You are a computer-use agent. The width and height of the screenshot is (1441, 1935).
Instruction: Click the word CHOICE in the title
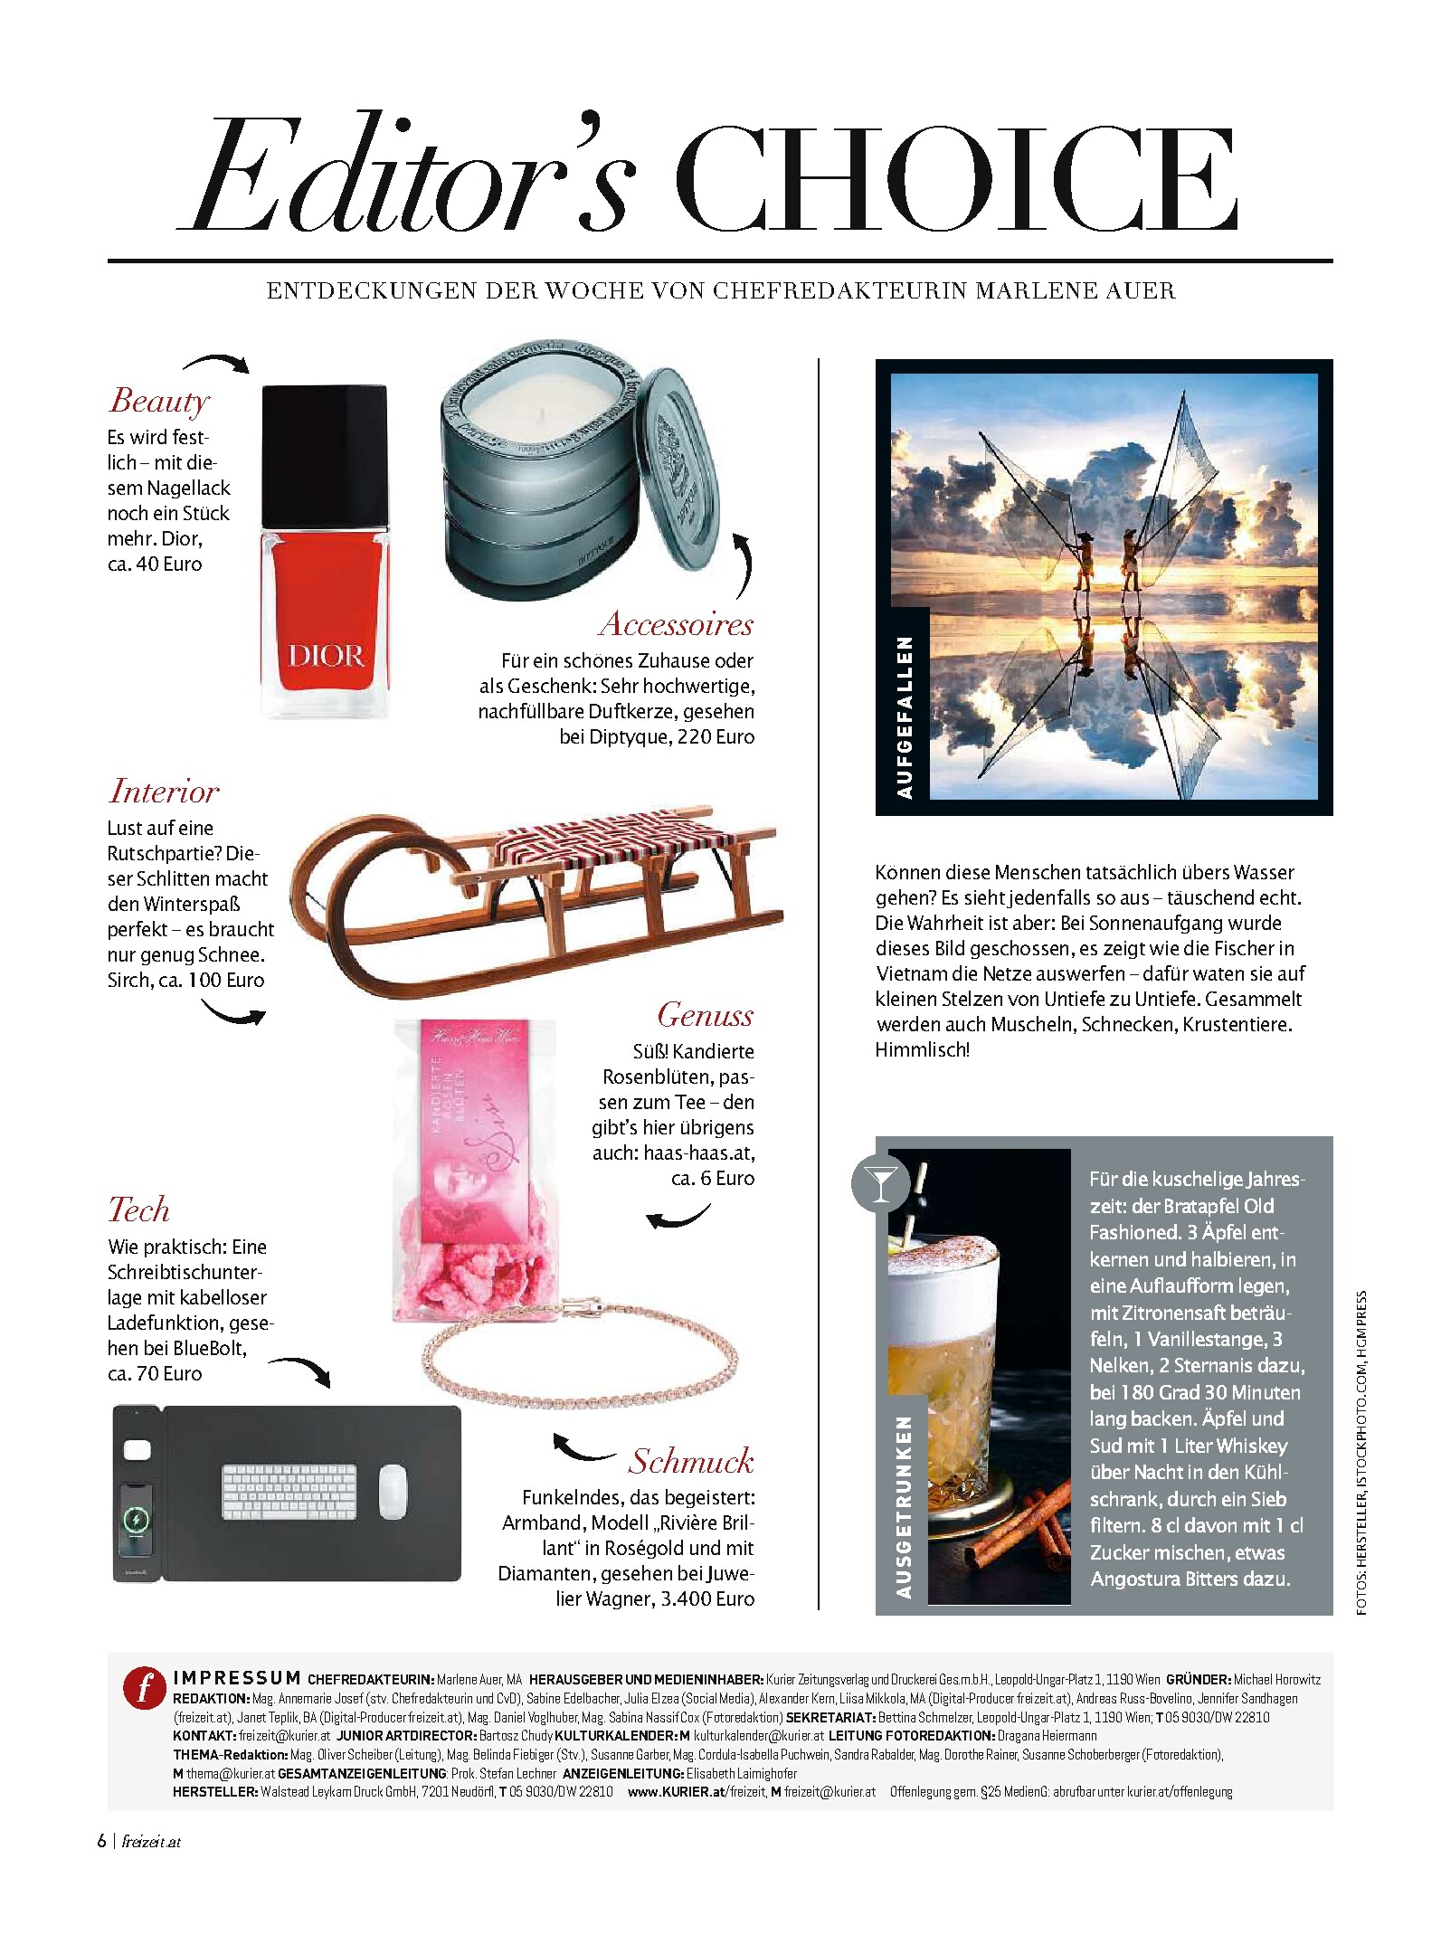click(x=955, y=178)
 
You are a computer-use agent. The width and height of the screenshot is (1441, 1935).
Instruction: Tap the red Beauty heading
click(x=159, y=400)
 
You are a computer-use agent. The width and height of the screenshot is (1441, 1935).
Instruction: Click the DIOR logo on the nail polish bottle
click(x=326, y=655)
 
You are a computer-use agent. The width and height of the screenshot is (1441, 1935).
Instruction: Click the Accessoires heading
click(x=676, y=623)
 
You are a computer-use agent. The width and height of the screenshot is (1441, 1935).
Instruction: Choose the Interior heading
click(x=164, y=791)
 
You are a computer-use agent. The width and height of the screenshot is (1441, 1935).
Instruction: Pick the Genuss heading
click(x=705, y=1014)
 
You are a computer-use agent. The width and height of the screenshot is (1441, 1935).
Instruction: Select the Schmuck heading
click(x=691, y=1461)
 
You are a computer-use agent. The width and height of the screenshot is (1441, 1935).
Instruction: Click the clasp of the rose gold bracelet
click(x=583, y=1307)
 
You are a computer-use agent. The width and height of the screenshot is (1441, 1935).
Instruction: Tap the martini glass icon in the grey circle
click(x=879, y=1182)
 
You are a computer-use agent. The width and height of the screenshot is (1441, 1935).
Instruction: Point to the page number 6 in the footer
click(x=101, y=1841)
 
